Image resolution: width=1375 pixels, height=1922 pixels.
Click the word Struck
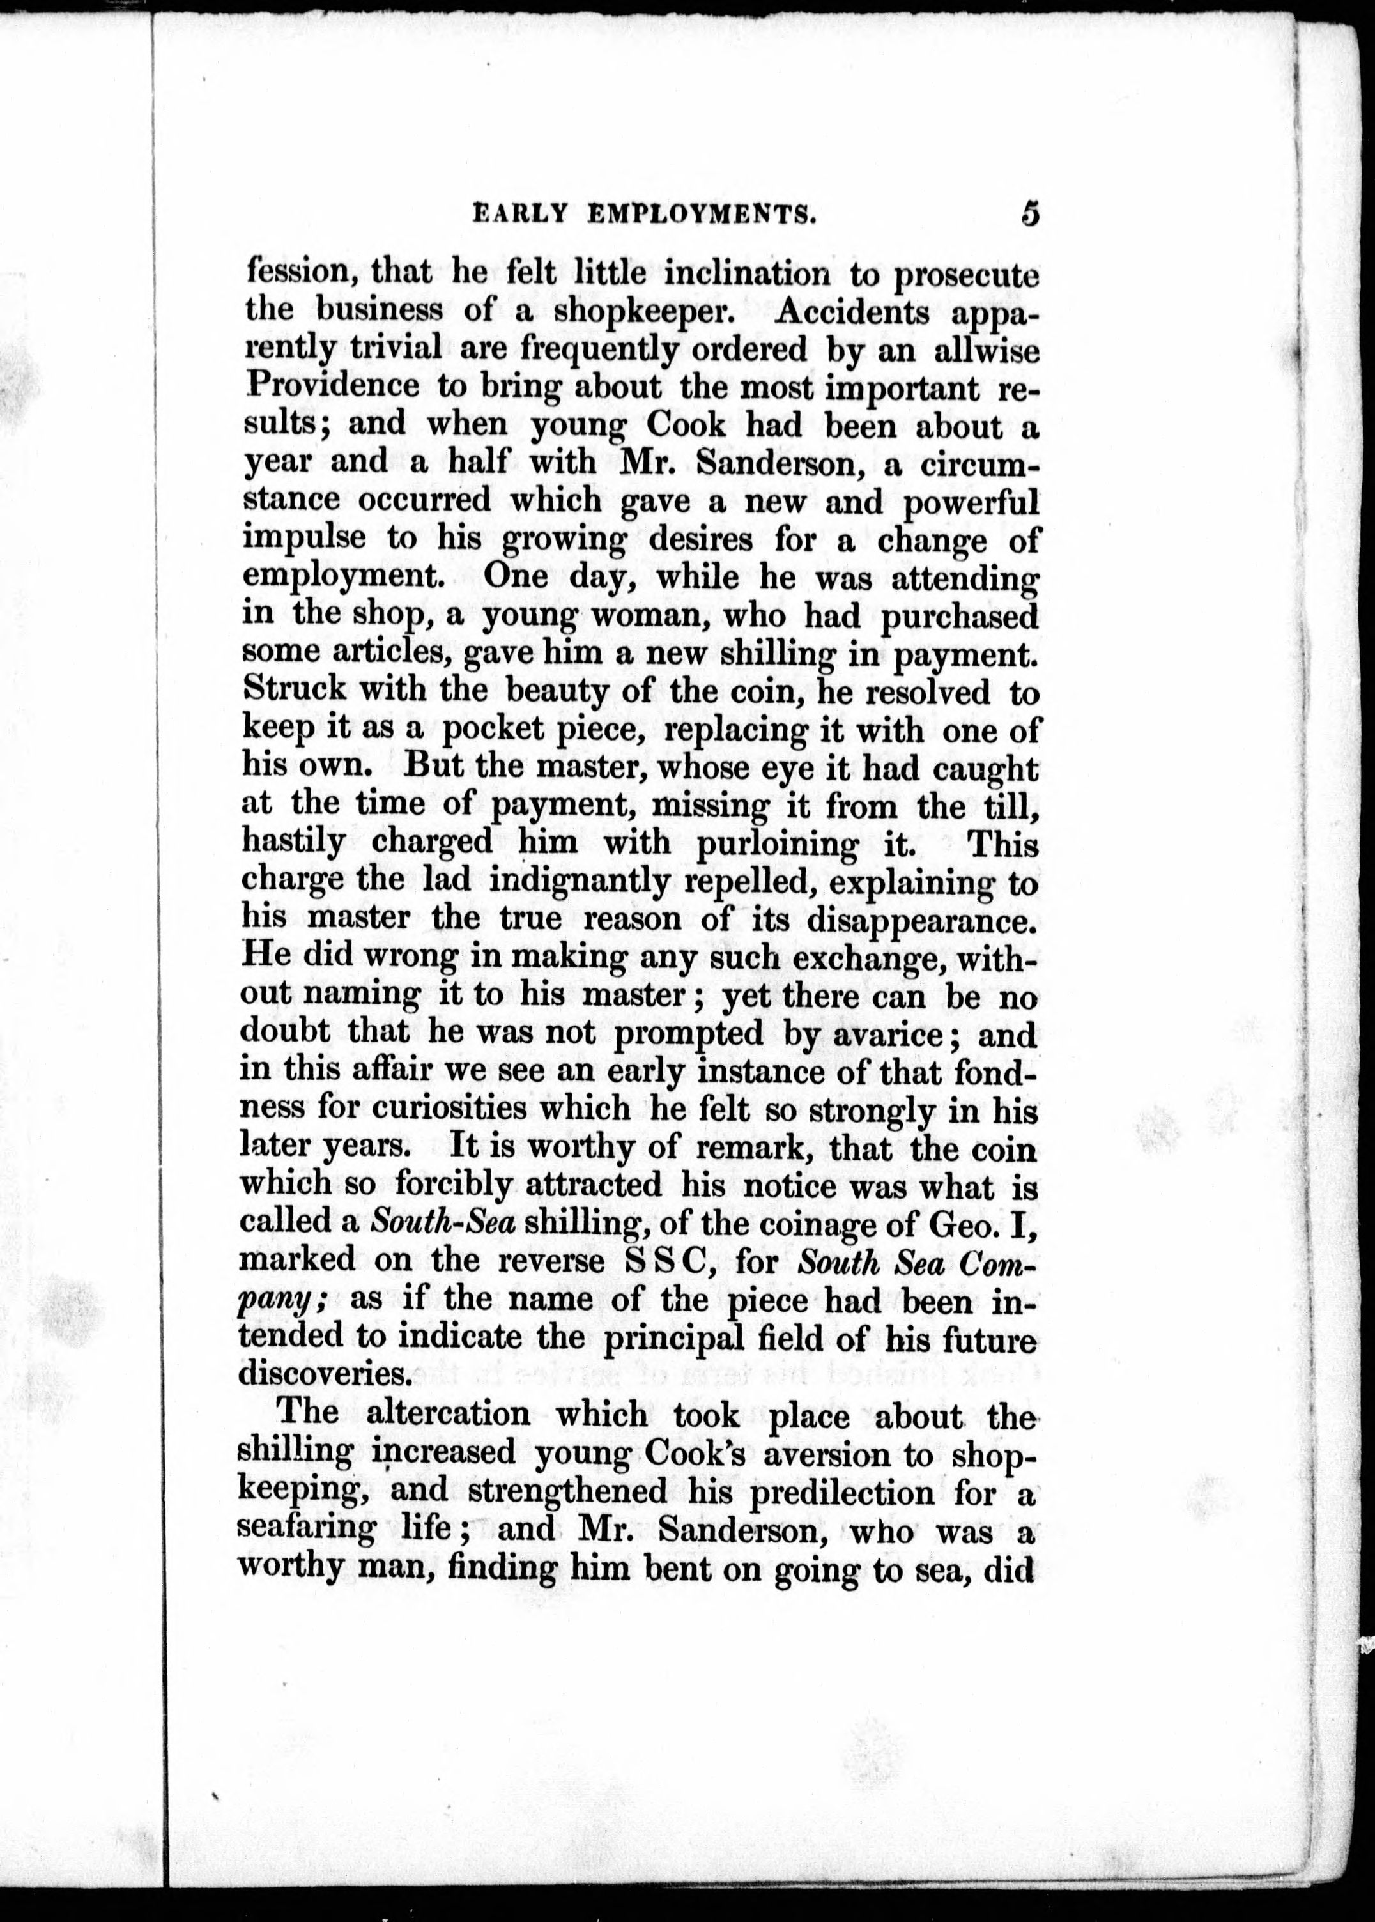tap(294, 691)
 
